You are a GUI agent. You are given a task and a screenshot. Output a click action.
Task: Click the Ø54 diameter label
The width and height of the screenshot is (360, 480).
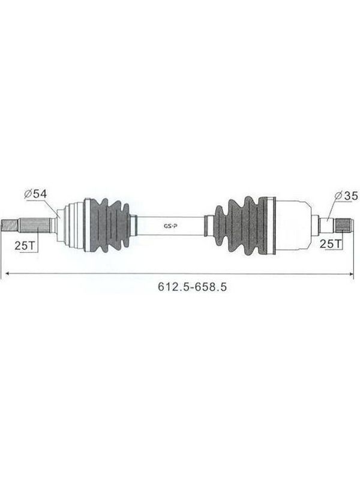36,193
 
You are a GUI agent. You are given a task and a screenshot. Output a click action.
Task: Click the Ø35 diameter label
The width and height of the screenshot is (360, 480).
346,196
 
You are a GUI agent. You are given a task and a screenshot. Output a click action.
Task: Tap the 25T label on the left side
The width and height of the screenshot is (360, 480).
25,245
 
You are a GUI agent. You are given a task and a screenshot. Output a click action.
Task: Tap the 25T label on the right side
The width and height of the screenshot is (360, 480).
331,244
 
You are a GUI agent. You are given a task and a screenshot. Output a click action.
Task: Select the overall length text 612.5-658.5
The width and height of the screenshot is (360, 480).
192,287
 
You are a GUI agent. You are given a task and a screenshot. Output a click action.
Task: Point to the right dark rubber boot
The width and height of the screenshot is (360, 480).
241,226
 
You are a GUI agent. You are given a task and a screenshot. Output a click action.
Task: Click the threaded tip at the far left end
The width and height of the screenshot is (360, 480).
10,226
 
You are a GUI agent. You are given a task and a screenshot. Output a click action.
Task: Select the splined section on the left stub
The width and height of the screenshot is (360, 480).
35,226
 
